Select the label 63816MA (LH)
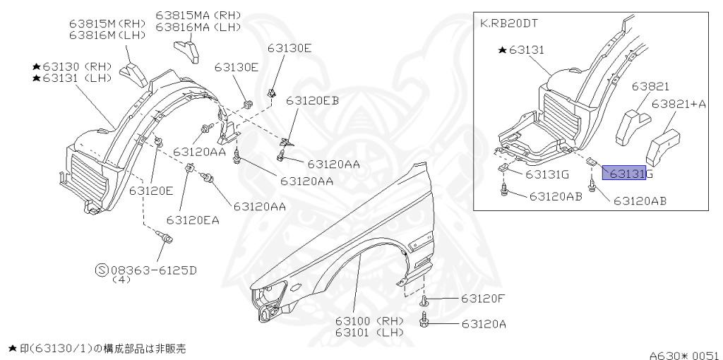point(198,27)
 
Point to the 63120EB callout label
point(312,100)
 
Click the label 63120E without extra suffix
point(151,190)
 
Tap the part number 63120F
point(483,298)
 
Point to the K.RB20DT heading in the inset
point(509,23)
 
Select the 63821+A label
point(679,104)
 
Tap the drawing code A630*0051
point(684,354)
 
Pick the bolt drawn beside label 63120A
point(426,324)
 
